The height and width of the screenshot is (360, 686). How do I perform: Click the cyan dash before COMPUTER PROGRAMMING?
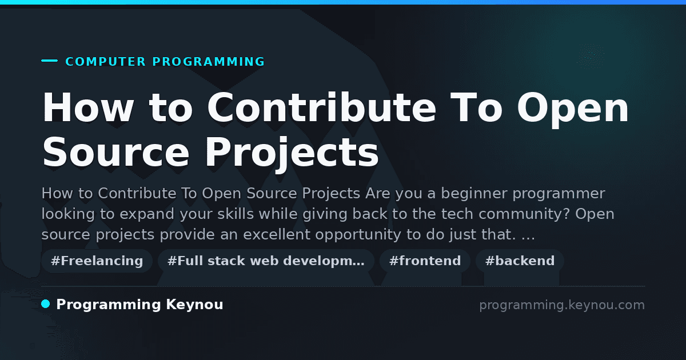[49, 61]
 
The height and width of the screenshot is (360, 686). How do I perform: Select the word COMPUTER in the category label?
[106, 62]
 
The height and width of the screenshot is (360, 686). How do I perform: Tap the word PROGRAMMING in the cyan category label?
[209, 62]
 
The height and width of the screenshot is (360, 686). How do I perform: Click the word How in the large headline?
[88, 107]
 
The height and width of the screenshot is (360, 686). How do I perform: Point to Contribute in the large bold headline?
[321, 107]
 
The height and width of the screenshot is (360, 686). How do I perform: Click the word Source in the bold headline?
[115, 152]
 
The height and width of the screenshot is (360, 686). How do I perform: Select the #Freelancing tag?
[97, 261]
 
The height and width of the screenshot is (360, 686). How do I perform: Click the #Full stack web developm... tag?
[266, 261]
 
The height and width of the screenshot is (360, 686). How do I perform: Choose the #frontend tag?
[425, 261]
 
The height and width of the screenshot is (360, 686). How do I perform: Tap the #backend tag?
[520, 261]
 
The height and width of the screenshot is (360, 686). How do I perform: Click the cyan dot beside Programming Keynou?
[46, 304]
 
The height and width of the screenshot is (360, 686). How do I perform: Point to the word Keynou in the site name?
[194, 305]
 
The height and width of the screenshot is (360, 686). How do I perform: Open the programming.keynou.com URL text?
[562, 305]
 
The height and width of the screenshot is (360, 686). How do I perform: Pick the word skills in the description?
[236, 214]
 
